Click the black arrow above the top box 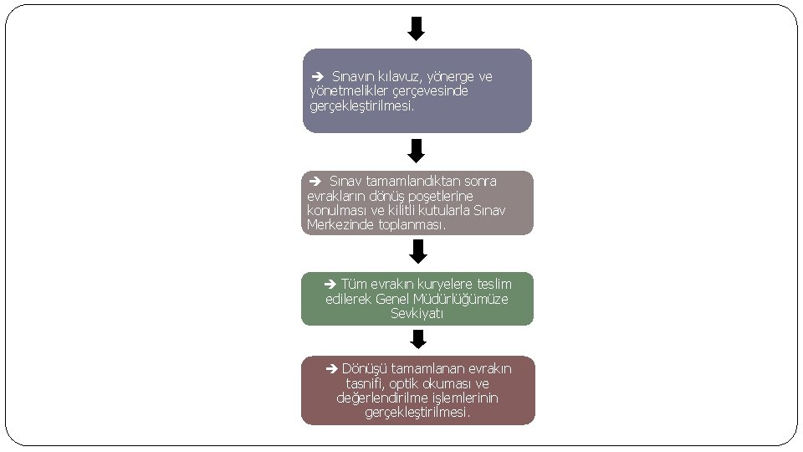(416, 29)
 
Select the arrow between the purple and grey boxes (417, 151)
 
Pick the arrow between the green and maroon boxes (418, 338)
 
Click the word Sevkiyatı (417, 314)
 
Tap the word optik (407, 383)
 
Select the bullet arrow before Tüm (330, 285)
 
